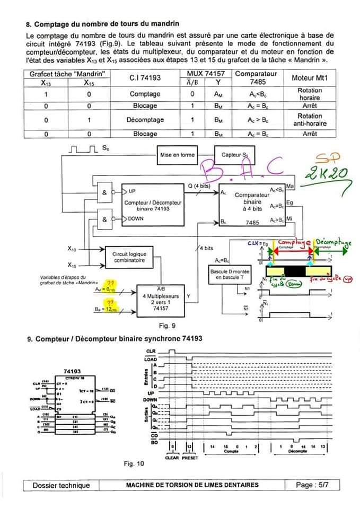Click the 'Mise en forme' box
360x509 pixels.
[177, 155]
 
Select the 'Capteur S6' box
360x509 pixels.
[234, 155]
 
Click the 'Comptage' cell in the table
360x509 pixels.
[145, 94]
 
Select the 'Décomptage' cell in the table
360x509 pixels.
[145, 120]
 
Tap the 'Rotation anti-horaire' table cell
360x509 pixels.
[310, 120]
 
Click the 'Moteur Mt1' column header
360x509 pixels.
[310, 78]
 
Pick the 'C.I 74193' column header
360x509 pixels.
[145, 78]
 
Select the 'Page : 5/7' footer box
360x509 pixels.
[313, 485]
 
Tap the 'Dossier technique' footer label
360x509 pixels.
[61, 485]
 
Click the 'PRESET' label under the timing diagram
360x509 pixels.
[189, 458]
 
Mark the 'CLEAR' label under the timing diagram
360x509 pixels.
[172, 458]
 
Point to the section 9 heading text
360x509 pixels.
[114, 338]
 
